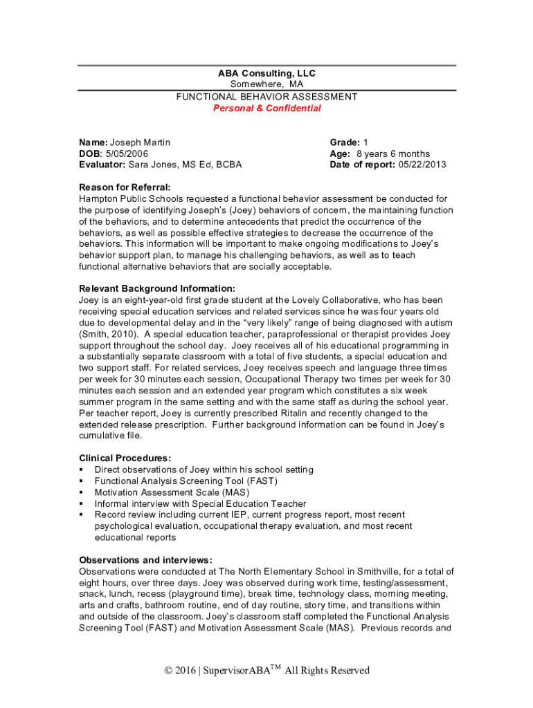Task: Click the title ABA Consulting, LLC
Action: (x=266, y=73)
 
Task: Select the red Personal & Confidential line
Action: (x=266, y=109)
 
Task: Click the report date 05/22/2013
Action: (x=422, y=165)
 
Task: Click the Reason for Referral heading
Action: (x=125, y=187)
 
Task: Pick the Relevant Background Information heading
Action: (x=157, y=288)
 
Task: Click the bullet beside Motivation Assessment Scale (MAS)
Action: (x=82, y=492)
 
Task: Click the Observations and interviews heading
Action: (x=145, y=559)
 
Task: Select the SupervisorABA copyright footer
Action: (x=266, y=670)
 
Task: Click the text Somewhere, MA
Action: (x=266, y=84)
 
